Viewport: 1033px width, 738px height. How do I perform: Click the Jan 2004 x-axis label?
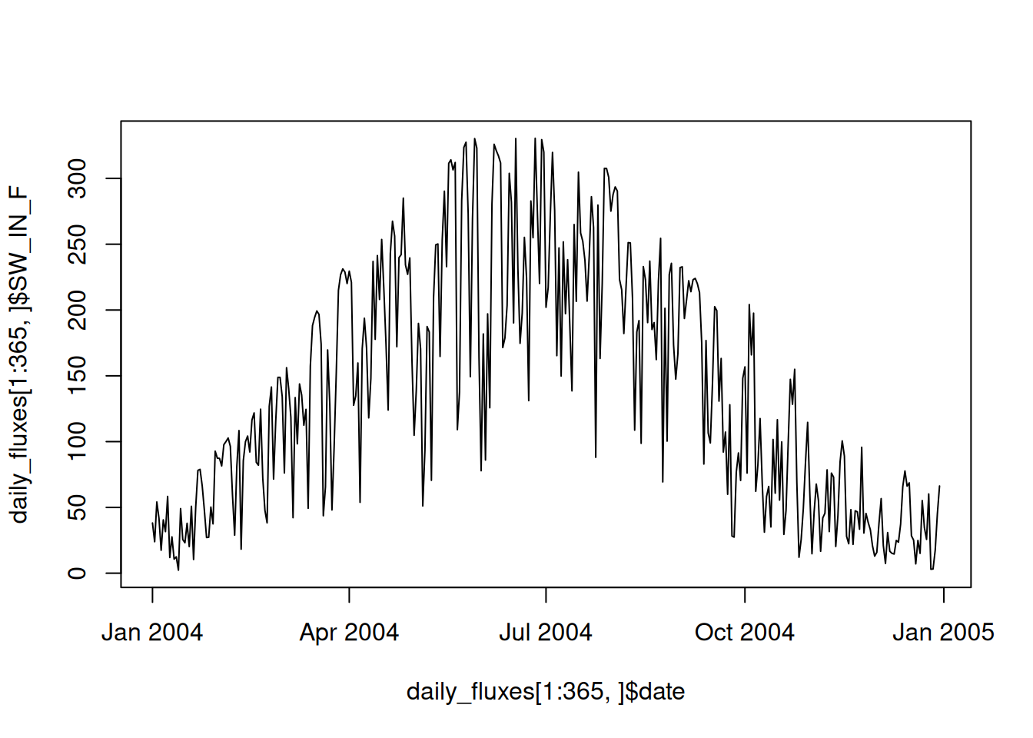[152, 633]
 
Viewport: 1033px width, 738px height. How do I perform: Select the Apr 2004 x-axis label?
[349, 633]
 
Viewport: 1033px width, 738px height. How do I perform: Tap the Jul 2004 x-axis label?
[546, 633]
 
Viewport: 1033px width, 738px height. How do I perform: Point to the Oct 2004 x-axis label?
[744, 633]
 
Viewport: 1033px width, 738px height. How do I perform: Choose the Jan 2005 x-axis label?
[943, 633]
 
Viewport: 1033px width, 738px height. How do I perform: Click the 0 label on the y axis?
[77, 573]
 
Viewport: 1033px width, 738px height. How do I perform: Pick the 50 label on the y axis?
[77, 507]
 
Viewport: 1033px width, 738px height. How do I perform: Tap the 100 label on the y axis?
[77, 441]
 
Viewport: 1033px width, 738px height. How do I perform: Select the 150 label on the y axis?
[77, 375]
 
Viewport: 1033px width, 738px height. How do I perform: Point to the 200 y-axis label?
[77, 310]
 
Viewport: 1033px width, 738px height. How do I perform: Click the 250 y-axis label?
[77, 244]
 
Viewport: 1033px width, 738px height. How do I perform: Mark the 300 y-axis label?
[77, 178]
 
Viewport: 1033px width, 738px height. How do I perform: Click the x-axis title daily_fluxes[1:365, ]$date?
[546, 692]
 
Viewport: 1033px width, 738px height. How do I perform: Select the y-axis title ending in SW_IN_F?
[20, 354]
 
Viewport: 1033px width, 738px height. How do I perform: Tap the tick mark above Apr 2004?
[349, 595]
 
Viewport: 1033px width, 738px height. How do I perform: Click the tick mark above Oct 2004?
[745, 595]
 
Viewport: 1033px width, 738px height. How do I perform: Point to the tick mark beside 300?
[114, 178]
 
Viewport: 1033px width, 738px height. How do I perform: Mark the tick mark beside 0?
[114, 573]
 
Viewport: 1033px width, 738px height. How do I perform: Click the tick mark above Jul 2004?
[546, 595]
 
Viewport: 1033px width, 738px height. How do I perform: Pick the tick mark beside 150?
[114, 375]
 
